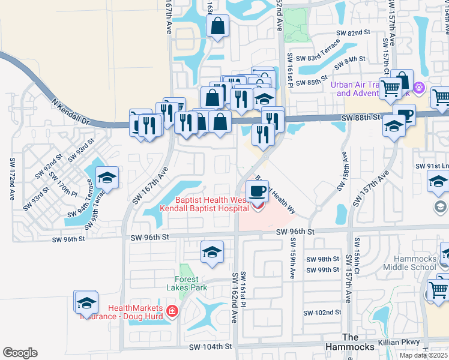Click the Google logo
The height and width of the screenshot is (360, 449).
point(20,353)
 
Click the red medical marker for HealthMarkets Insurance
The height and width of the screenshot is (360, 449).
point(172,311)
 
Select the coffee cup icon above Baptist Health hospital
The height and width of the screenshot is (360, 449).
point(258,191)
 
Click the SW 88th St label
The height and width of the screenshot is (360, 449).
point(361,118)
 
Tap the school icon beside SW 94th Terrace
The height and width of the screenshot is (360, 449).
point(107,178)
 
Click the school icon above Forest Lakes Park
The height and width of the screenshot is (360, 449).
point(211,252)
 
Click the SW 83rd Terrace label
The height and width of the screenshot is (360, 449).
point(322,53)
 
